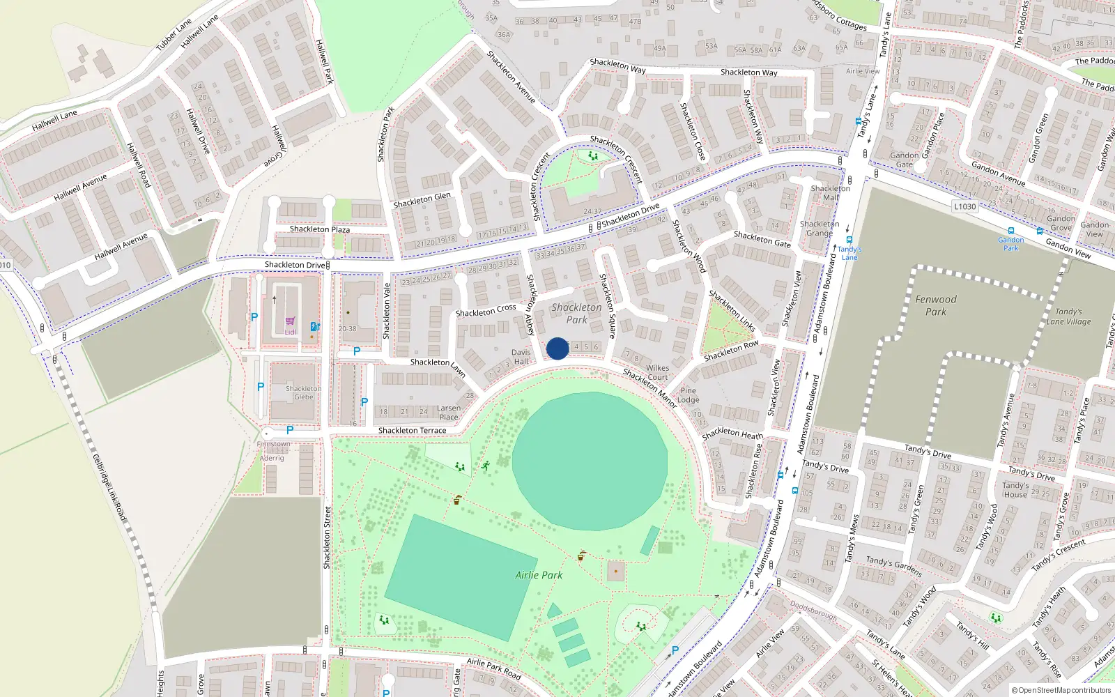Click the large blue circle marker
[557, 348]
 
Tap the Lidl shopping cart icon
[290, 321]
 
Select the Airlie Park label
[539, 575]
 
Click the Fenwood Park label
[936, 305]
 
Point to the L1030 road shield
[965, 206]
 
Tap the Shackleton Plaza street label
[320, 229]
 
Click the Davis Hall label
[521, 357]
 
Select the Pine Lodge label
[688, 395]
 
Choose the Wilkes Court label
[657, 372]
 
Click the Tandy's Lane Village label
[1068, 316]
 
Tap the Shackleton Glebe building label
[304, 392]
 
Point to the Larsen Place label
[449, 413]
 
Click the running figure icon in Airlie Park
[486, 466]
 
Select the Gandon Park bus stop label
[1010, 244]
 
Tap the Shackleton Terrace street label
[412, 431]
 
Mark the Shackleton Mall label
[830, 193]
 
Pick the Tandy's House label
[1015, 490]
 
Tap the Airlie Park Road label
[493, 668]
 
